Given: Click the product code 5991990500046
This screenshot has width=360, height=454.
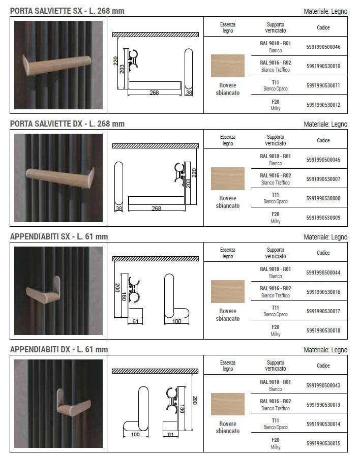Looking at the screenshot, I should (323, 47).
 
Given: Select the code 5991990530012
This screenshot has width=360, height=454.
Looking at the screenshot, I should (323, 105).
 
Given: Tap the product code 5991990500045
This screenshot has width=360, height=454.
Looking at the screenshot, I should (323, 160).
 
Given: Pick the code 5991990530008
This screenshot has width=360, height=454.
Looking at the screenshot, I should (323, 198).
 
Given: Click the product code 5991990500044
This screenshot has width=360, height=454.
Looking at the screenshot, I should (323, 273).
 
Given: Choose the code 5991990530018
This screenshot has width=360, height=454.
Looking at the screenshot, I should (323, 330).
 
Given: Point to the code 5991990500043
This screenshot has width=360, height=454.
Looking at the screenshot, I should (323, 385).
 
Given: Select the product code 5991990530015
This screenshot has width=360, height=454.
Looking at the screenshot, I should (323, 443).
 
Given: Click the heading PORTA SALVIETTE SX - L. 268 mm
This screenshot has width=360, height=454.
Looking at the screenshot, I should (67, 11).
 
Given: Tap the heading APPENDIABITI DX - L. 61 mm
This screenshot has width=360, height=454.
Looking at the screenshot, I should (59, 349).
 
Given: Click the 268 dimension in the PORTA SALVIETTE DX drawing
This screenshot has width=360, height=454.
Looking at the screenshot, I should (156, 208).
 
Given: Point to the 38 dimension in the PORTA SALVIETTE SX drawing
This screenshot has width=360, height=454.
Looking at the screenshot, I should (189, 93).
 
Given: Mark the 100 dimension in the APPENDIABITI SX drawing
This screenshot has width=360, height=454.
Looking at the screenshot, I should (176, 321).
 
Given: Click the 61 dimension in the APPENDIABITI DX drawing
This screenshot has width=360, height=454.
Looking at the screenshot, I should (171, 435).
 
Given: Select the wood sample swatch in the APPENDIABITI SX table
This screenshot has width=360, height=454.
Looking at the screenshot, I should (227, 291).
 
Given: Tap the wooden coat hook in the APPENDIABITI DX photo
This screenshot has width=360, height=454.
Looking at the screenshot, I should (71, 404).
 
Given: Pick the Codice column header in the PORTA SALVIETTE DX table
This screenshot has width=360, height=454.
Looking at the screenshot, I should (323, 140).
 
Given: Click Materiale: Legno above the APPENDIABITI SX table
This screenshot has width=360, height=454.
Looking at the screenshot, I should (325, 237).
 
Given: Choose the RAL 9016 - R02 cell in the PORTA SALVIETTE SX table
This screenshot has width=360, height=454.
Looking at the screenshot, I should (275, 66).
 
